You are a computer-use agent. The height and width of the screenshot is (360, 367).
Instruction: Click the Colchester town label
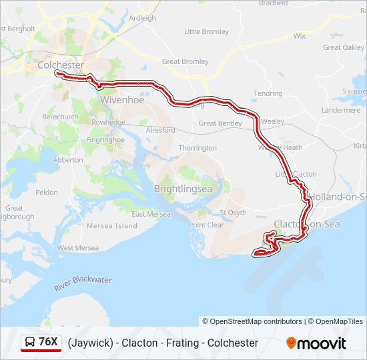(x=61, y=65)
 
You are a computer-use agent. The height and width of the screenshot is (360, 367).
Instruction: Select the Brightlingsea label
(x=183, y=189)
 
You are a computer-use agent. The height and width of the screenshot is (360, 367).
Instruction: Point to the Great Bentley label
(x=220, y=123)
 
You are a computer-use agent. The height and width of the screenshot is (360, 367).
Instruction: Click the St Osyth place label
(x=233, y=213)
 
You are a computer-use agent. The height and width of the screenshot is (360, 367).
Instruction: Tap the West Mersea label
(x=78, y=248)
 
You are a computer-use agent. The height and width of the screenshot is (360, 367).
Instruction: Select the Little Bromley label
(x=206, y=31)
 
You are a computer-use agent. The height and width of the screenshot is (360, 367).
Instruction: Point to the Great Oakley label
(x=344, y=47)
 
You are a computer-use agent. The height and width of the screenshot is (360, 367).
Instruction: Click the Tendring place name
(x=268, y=93)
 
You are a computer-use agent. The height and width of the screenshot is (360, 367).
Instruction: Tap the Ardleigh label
(x=142, y=18)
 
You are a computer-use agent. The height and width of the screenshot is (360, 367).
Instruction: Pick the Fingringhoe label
(x=105, y=140)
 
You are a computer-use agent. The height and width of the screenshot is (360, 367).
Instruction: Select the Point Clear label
(x=206, y=225)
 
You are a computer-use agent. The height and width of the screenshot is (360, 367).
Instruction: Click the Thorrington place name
(x=198, y=147)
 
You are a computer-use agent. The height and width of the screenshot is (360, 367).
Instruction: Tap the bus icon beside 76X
(x=31, y=343)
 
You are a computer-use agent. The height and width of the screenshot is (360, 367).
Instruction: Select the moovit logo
(x=316, y=343)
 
